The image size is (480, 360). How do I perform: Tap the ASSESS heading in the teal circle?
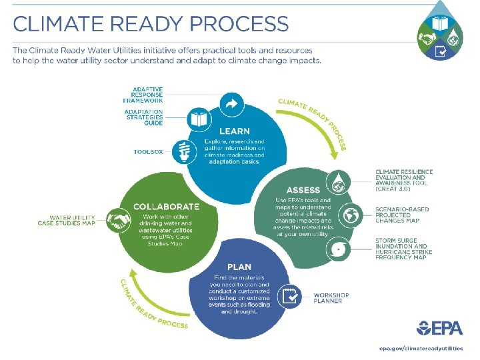click(x=303, y=190)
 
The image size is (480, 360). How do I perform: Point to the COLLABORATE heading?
click(x=165, y=207)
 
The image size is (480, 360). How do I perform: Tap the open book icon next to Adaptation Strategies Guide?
click(x=199, y=119)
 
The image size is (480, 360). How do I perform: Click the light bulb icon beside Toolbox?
click(x=181, y=151)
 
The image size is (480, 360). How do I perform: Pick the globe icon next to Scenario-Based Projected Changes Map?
click(x=350, y=215)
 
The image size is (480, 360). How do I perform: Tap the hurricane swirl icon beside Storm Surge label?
click(x=340, y=251)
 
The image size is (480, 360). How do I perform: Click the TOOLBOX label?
click(x=147, y=152)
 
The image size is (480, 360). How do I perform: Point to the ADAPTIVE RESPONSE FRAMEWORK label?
click(x=148, y=95)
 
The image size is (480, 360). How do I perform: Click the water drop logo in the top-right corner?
click(x=441, y=31)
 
